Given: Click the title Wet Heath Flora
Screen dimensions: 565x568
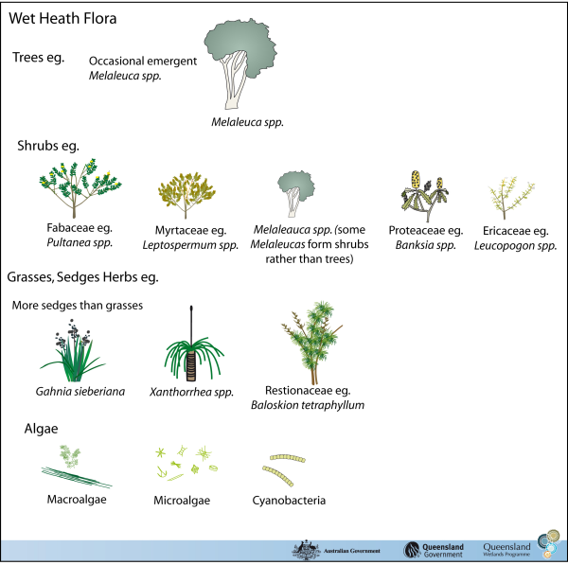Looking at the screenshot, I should pyautogui.click(x=64, y=17).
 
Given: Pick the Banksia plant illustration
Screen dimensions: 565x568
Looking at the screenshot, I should pyautogui.click(x=424, y=195).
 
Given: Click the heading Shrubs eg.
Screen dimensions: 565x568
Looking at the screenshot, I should pyautogui.click(x=46, y=146).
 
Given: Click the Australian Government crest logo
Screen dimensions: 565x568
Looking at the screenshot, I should pyautogui.click(x=306, y=550).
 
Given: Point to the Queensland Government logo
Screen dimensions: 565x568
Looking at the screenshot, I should pyautogui.click(x=437, y=550).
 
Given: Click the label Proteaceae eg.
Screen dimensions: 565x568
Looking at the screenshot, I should pyautogui.click(x=425, y=230).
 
